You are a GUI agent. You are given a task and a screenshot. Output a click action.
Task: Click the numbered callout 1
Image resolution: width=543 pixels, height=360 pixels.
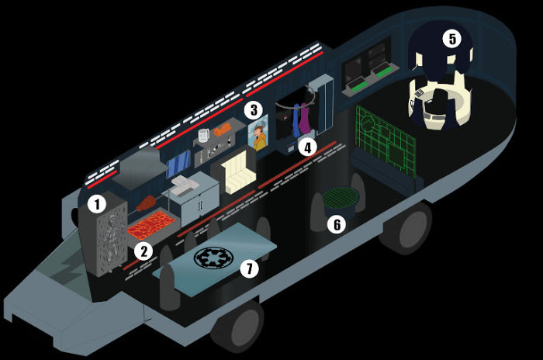pyautogui.click(x=96, y=204)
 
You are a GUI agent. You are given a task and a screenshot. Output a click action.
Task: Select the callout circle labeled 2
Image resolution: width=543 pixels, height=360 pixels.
pyautogui.click(x=141, y=251)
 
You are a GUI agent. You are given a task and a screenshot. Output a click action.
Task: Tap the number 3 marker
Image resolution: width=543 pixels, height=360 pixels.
pyautogui.click(x=253, y=110)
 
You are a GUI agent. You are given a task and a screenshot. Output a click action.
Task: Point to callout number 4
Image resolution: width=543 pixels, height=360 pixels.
pyautogui.click(x=309, y=146)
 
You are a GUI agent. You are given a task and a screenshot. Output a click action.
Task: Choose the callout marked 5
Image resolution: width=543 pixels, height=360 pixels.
pyautogui.click(x=451, y=37)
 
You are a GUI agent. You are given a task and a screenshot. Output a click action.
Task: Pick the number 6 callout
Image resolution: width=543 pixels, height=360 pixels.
pyautogui.click(x=335, y=224)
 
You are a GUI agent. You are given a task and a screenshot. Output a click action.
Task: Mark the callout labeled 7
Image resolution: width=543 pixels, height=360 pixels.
pyautogui.click(x=248, y=268)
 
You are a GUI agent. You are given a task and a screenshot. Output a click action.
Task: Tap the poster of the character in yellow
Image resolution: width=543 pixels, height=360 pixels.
pyautogui.click(x=260, y=137)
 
